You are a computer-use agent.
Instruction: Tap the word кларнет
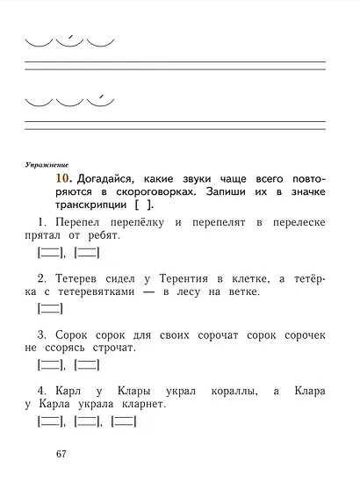click(x=140, y=405)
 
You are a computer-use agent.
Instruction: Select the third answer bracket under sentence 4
click(x=124, y=421)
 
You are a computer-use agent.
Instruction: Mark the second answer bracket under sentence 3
click(x=87, y=365)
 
